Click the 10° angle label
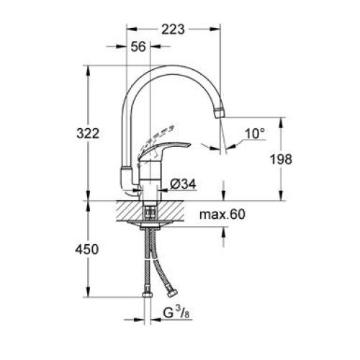pos(255,133)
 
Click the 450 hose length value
pos(87,249)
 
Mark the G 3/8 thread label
pos(175,315)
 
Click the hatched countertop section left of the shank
pos(125,212)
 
